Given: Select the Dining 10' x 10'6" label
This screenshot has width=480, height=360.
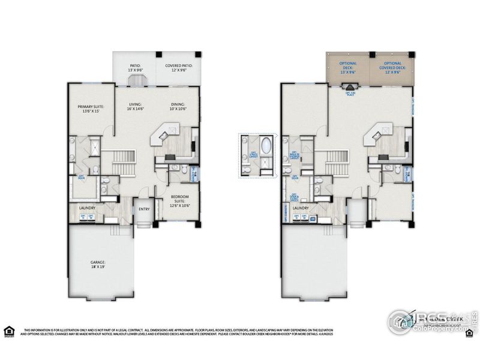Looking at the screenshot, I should (178, 107).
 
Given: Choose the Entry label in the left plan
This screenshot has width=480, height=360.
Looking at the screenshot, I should (144, 209).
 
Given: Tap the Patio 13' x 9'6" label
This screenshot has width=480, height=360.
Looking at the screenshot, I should (136, 69).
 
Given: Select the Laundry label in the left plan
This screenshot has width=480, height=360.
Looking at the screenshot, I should (88, 208).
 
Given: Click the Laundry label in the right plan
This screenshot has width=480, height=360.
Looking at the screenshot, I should (301, 208).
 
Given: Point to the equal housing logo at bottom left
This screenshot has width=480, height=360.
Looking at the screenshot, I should (8, 331).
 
